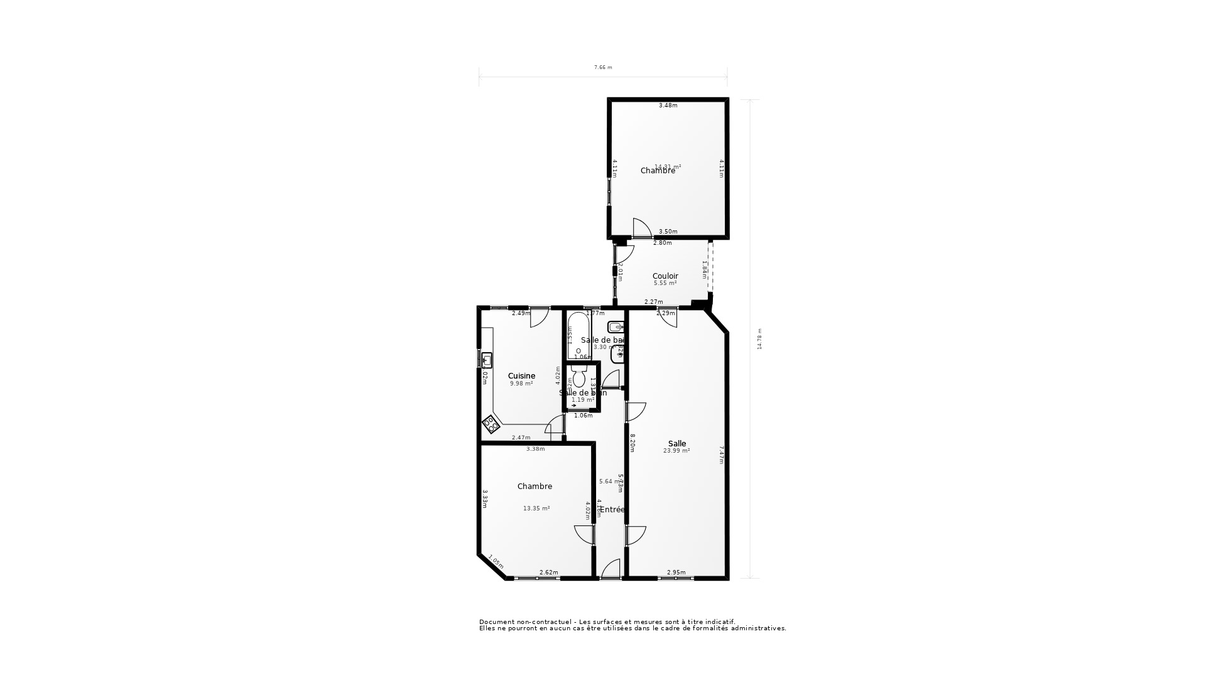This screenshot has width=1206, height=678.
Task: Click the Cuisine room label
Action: coord(521,376)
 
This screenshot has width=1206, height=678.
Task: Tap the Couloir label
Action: coord(665,276)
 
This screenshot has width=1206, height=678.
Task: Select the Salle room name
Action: coord(677,443)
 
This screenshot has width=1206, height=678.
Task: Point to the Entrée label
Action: coord(612,510)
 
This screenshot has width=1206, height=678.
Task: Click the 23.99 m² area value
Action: coord(676,451)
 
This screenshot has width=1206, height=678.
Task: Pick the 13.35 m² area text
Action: coord(536,508)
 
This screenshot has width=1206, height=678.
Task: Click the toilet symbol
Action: coord(579,379)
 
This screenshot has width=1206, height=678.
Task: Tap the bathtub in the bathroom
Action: coord(579,336)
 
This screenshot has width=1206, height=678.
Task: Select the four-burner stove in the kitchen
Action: coord(491,424)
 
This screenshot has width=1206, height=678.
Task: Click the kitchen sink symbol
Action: coord(487,360)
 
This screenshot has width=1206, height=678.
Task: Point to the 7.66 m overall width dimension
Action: coord(602,67)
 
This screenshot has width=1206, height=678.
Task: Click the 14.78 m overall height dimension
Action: coord(759,339)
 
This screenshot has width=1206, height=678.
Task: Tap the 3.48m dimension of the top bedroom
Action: coord(668,105)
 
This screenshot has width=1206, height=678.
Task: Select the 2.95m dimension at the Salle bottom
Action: coord(676,573)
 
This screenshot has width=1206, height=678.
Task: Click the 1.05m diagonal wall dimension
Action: coord(496,563)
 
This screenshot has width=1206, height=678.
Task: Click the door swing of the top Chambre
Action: coord(641,228)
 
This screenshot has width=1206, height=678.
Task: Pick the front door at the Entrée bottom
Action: coord(611,570)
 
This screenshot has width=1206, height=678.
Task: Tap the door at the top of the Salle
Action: coord(668,318)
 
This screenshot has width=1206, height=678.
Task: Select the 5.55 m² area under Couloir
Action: coord(665,283)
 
